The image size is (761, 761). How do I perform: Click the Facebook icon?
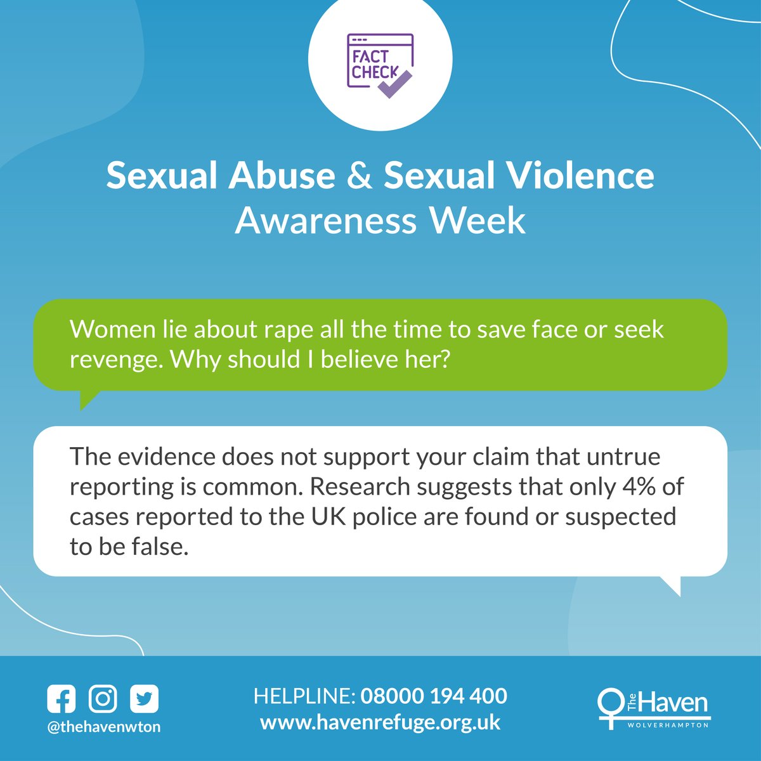pyautogui.click(x=62, y=699)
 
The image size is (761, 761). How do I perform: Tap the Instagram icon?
pyautogui.click(x=103, y=699)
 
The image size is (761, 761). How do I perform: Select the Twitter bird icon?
pyautogui.click(x=144, y=699)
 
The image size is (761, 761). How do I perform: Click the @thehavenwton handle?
pyautogui.click(x=104, y=727)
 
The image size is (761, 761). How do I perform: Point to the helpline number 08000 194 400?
pyautogui.click(x=434, y=696)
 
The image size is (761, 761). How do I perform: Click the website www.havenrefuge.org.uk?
pyautogui.click(x=380, y=722)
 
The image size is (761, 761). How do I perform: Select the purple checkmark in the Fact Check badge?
pyautogui.click(x=394, y=84)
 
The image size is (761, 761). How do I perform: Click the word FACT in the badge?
pyautogui.click(x=370, y=55)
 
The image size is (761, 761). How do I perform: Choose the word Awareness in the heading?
pyautogui.click(x=326, y=221)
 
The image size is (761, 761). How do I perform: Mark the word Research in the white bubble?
pyautogui.click(x=360, y=487)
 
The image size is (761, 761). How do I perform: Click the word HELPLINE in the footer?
pyautogui.click(x=303, y=696)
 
